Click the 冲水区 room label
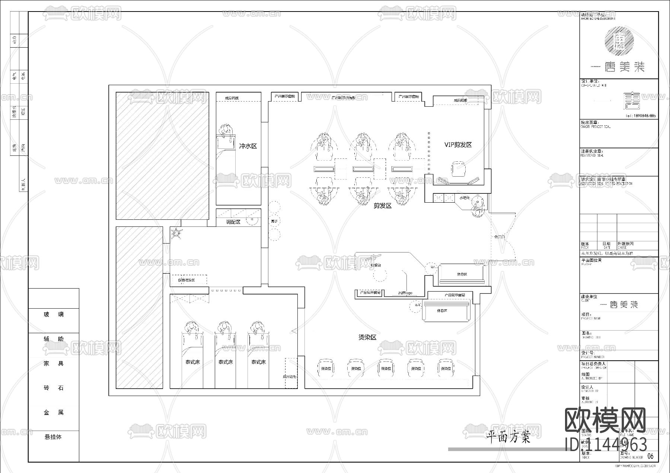(248, 146)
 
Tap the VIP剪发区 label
(458, 145)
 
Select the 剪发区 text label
(383, 205)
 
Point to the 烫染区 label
(367, 337)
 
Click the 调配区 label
(233, 222)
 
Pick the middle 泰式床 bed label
(226, 362)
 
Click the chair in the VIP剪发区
(458, 168)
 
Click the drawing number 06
(650, 456)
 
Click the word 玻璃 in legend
(54, 315)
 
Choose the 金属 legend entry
(54, 412)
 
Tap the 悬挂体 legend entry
(53, 437)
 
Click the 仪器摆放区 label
(186, 280)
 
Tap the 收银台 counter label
(376, 265)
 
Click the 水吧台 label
(464, 198)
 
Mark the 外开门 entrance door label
(499, 237)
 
